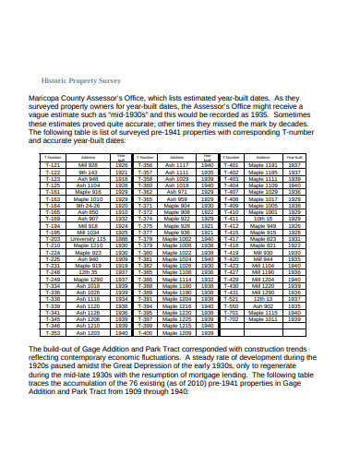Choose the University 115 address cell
[89, 238]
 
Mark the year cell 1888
[122, 238]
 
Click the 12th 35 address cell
[89, 273]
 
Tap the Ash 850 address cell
[89, 211]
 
